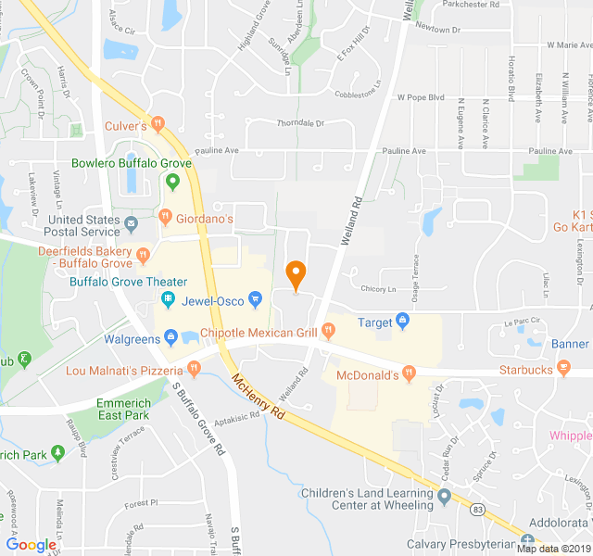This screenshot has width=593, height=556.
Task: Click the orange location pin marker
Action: (x=296, y=275)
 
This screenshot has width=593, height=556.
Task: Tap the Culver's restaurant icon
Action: (x=158, y=124)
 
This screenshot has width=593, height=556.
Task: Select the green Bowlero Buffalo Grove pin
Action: (x=171, y=180)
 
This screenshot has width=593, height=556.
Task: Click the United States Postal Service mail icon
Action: (x=131, y=223)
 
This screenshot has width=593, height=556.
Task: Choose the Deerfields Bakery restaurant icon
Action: (x=143, y=254)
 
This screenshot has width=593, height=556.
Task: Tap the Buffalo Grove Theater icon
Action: (x=169, y=298)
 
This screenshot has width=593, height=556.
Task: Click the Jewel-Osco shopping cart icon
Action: (x=256, y=298)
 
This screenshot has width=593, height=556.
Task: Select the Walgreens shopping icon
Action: (x=170, y=336)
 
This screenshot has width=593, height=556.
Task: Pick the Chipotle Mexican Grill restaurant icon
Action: (x=328, y=331)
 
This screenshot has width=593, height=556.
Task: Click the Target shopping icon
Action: (x=402, y=322)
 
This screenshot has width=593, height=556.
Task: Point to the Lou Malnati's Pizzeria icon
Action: (x=194, y=369)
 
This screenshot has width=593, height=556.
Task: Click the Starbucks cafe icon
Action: (x=562, y=370)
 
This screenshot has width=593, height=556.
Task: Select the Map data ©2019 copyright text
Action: (x=552, y=548)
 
